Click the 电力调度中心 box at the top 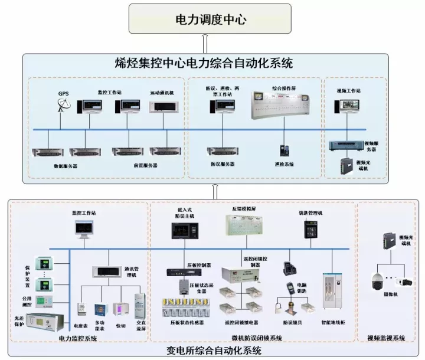[211, 19]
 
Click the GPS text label [63, 93]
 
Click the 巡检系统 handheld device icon [284, 150]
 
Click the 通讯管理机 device [107, 271]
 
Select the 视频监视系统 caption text [386, 338]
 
